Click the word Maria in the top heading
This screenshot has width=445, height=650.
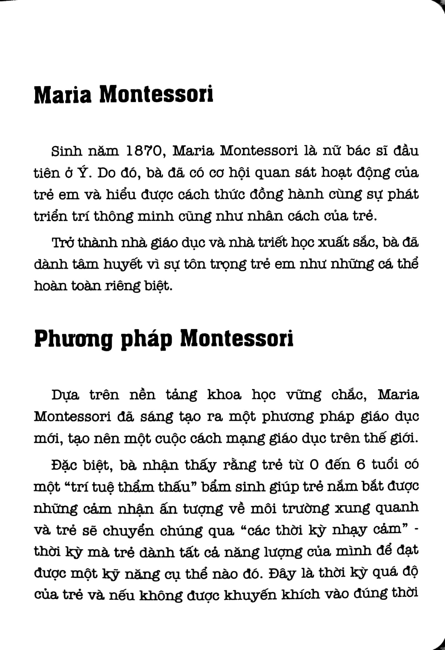pyautogui.click(x=63, y=95)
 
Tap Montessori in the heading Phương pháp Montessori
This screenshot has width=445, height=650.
pyautogui.click(x=237, y=339)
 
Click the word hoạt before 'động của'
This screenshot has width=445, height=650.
pyautogui.click(x=336, y=173)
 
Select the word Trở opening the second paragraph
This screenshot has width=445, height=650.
pyautogui.click(x=63, y=243)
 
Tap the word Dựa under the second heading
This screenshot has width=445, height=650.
pyautogui.click(x=66, y=395)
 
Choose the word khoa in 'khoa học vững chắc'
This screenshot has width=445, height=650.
pyautogui.click(x=224, y=395)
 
